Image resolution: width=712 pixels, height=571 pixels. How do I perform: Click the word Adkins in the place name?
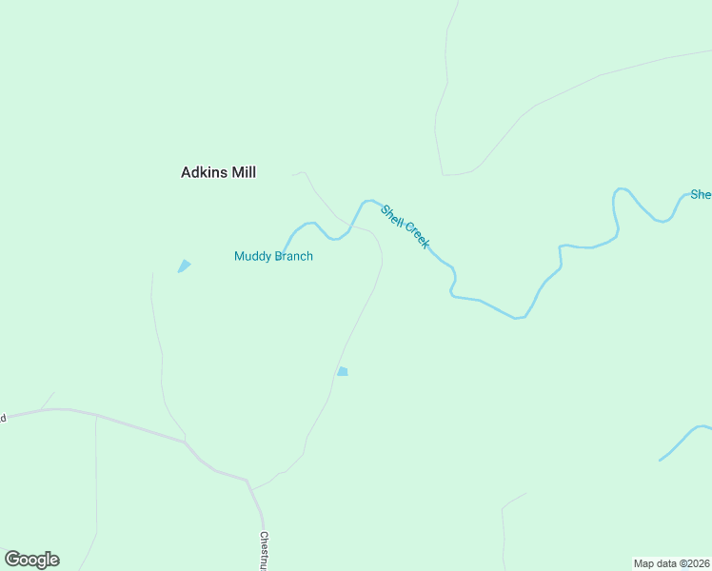pyautogui.click(x=204, y=172)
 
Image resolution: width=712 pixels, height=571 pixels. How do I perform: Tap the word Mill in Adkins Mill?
pyautogui.click(x=243, y=172)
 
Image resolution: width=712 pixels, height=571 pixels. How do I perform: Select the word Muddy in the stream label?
pyautogui.click(x=252, y=256)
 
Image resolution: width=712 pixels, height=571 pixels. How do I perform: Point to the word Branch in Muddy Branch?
pyautogui.click(x=294, y=256)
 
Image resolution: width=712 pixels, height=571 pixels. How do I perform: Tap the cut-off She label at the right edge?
pyautogui.click(x=701, y=194)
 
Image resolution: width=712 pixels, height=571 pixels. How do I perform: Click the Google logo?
pyautogui.click(x=31, y=560)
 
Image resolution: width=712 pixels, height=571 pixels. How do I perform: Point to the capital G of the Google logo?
pyautogui.click(x=12, y=559)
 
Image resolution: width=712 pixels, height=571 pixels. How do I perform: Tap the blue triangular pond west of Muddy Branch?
pyautogui.click(x=184, y=266)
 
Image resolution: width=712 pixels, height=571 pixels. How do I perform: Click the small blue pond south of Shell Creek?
pyautogui.click(x=343, y=371)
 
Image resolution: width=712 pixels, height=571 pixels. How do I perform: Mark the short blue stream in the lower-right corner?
pyautogui.click(x=683, y=441)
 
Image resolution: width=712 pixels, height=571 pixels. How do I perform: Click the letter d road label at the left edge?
pyautogui.click(x=3, y=418)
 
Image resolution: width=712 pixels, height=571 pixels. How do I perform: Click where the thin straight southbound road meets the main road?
pyautogui.click(x=96, y=416)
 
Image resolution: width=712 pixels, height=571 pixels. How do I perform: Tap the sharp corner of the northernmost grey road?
pyautogui.click(x=443, y=175)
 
